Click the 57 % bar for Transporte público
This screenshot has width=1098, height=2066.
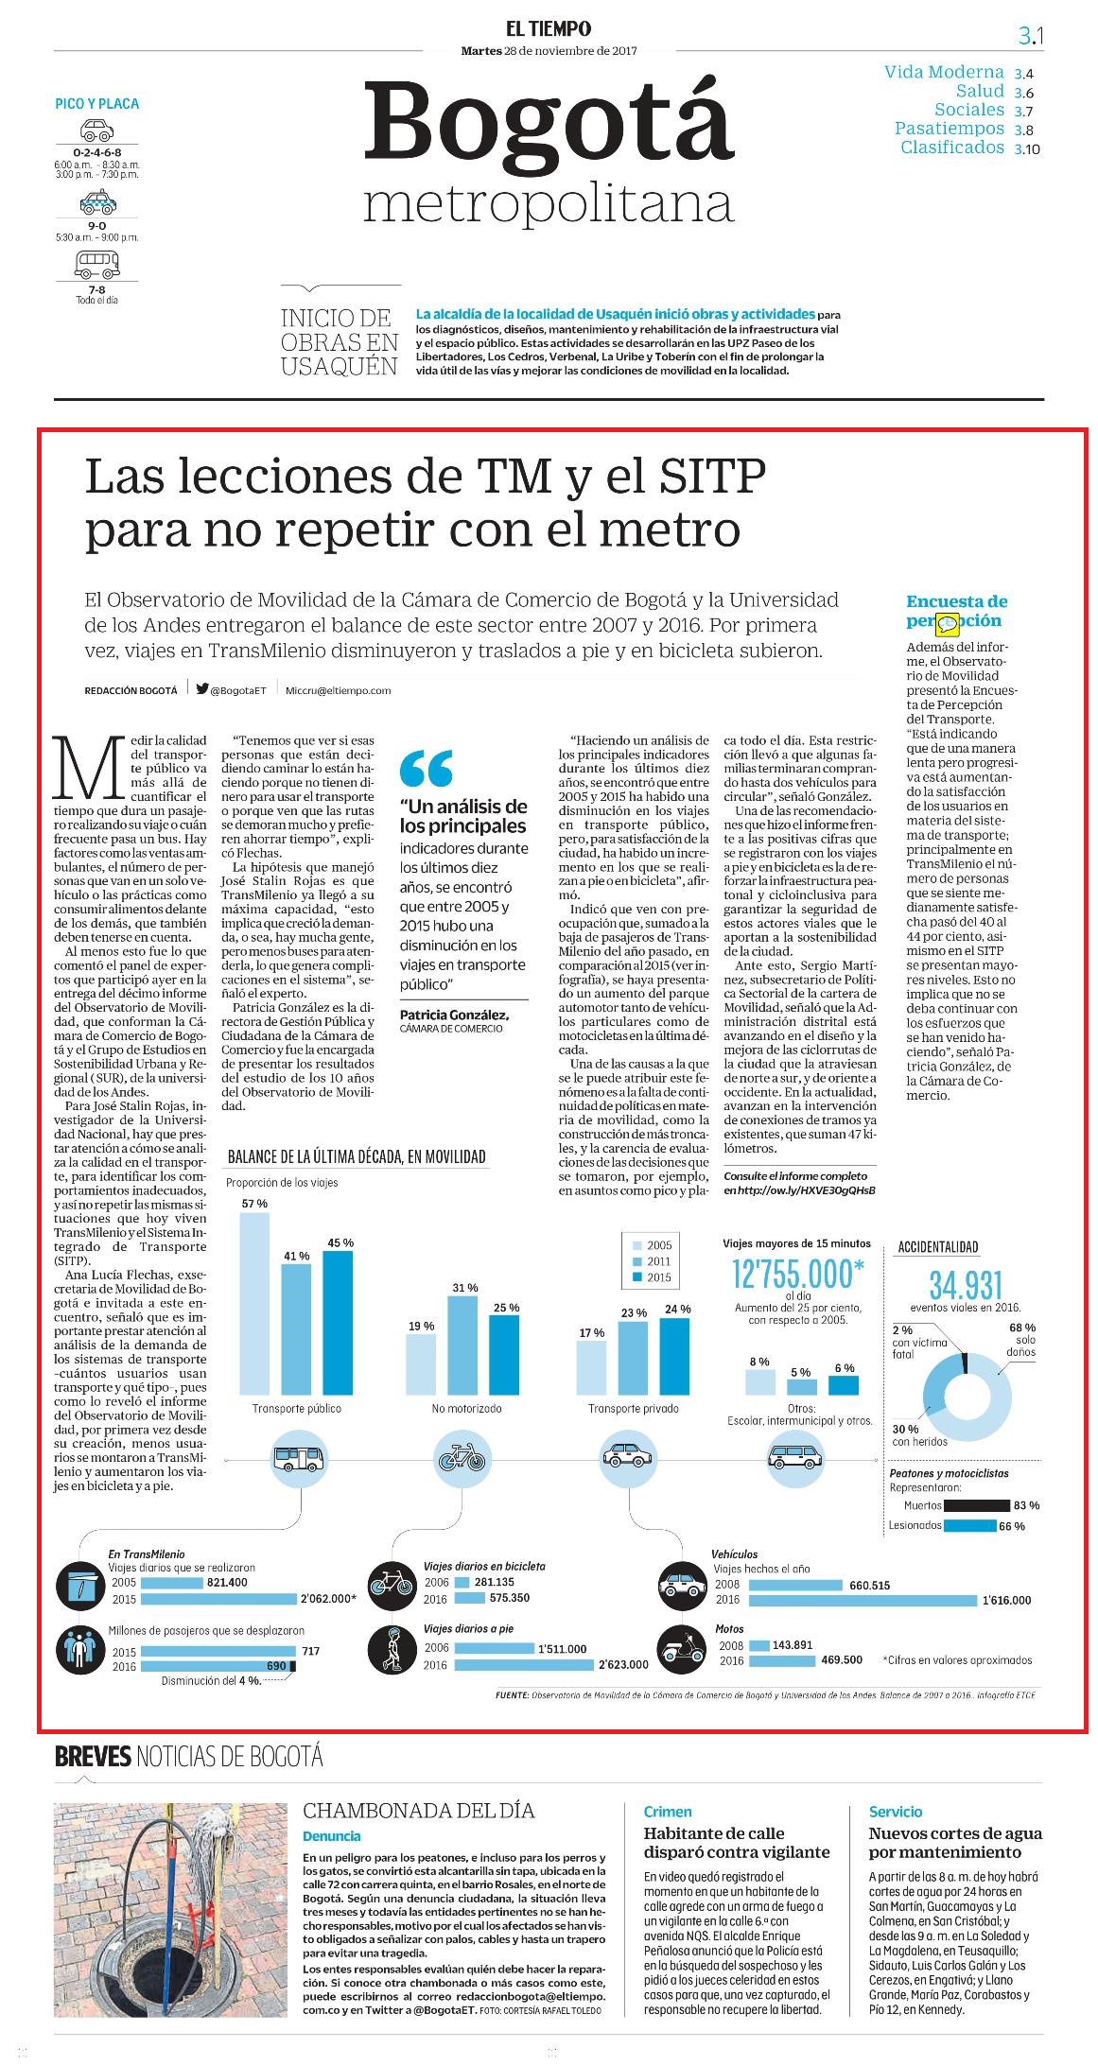click(254, 1299)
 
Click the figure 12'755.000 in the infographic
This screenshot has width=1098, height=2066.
click(798, 1274)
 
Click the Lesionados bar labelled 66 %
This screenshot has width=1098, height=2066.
click(970, 1525)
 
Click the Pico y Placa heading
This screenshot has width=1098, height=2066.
click(96, 104)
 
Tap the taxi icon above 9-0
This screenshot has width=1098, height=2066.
click(96, 201)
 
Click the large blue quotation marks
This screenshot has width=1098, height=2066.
click(426, 769)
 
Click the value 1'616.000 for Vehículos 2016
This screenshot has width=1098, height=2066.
click(1006, 1600)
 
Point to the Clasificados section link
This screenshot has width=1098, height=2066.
click(952, 148)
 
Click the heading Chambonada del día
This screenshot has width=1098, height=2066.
click(418, 1811)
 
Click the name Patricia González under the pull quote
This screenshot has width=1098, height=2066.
click(454, 1015)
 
